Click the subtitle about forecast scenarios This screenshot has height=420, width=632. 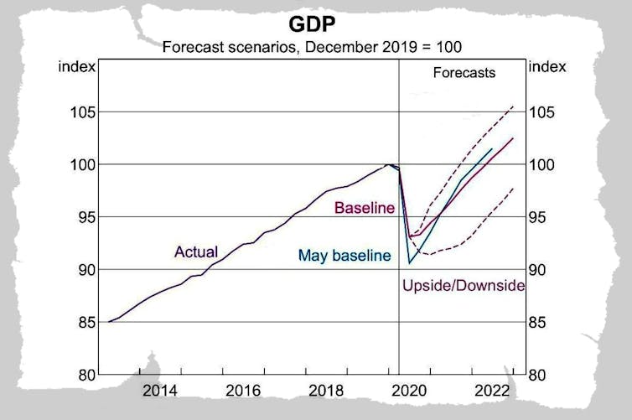coord(315,46)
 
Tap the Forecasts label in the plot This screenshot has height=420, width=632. coord(464,73)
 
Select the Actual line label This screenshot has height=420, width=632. coord(196,251)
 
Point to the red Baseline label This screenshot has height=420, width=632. coord(364,208)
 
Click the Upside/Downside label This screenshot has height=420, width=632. coord(464,286)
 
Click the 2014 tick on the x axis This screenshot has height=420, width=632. coord(159,391)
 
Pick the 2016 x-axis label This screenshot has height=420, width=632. coord(243,391)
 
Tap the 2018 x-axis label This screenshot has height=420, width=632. coord(327,391)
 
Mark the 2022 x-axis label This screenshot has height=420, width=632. coord(494,391)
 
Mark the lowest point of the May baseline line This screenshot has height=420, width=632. coord(410,264)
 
